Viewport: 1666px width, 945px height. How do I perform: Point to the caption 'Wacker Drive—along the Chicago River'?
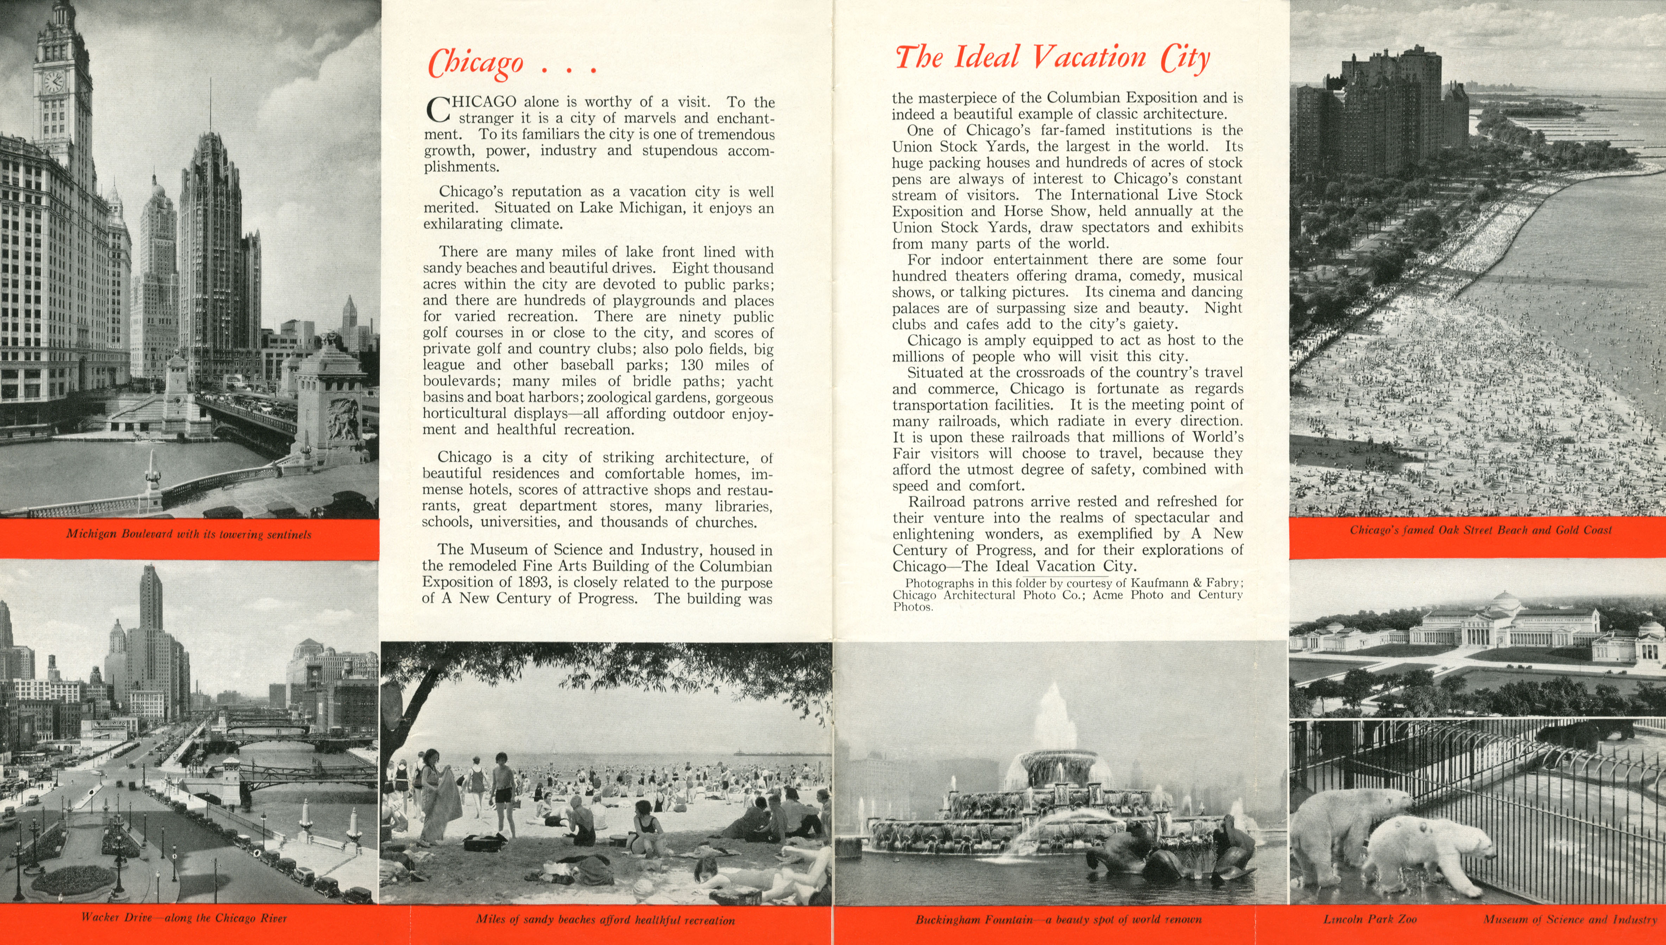click(184, 918)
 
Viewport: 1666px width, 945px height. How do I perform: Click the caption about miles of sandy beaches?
click(605, 920)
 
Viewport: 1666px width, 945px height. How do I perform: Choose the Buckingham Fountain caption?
click(1059, 920)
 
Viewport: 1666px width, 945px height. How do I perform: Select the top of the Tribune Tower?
click(210, 149)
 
